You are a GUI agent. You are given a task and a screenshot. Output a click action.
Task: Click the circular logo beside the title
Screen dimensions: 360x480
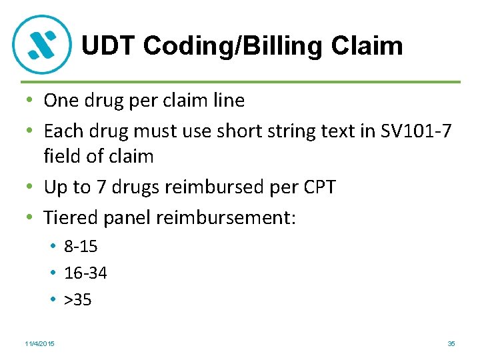(41, 44)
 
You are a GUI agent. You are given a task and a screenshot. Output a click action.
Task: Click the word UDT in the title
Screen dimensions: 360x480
(108, 46)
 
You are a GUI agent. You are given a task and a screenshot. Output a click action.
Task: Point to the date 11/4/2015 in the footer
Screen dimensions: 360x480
(39, 343)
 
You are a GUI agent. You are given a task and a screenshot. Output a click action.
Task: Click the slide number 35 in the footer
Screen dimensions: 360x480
(451, 343)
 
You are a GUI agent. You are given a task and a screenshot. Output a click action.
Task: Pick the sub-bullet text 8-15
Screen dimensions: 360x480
(81, 246)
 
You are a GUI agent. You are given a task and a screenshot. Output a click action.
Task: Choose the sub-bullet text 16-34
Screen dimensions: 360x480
(85, 273)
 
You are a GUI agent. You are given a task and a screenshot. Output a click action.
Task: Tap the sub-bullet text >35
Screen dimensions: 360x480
(78, 299)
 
